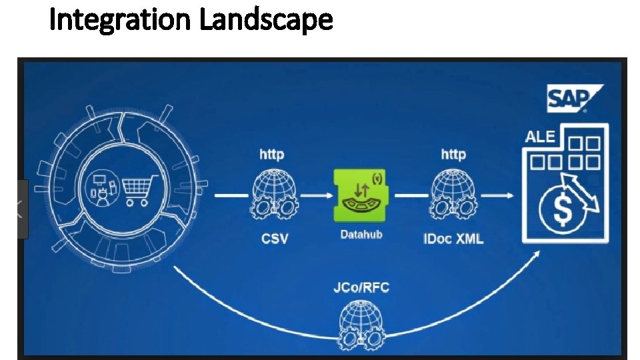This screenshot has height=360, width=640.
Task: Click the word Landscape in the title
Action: [x=266, y=21]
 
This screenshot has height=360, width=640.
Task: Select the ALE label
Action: [x=540, y=136]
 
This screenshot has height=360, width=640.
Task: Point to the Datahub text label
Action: [x=361, y=235]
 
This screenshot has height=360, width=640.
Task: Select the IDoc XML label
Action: [x=453, y=238]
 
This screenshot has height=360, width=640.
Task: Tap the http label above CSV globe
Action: [x=271, y=155]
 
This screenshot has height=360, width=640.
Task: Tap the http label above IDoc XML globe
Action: [x=453, y=155]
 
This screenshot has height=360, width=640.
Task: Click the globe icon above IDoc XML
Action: [x=453, y=195]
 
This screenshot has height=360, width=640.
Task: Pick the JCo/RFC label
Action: [x=360, y=288]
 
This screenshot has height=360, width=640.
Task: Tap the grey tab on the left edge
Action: [x=22, y=209]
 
